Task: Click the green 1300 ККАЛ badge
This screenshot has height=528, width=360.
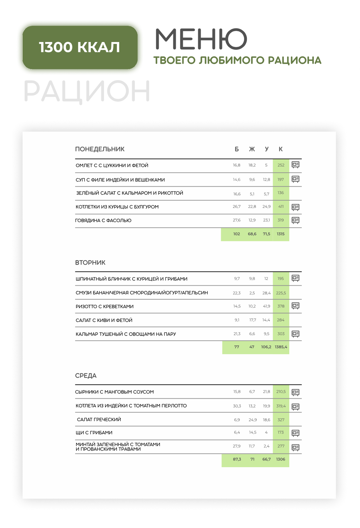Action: [x=80, y=47]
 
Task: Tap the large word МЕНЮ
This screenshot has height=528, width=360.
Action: [x=201, y=39]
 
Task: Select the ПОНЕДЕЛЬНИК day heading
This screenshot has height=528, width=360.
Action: [x=100, y=149]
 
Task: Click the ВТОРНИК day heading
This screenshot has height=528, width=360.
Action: [x=90, y=262]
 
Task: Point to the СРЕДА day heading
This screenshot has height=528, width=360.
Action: [x=86, y=375]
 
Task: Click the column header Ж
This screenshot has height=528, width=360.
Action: [x=252, y=149]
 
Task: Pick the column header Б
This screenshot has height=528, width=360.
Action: [x=237, y=149]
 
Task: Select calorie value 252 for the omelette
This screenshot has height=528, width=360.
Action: [x=281, y=165]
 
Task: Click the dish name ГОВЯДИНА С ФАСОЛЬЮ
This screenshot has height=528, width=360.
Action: [x=103, y=220]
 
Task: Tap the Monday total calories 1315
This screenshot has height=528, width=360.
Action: [x=281, y=234]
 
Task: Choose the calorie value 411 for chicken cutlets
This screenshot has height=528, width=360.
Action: [x=281, y=206]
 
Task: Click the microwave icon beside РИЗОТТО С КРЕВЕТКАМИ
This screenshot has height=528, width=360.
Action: [x=295, y=306]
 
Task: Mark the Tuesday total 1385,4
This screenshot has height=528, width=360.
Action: [x=281, y=347]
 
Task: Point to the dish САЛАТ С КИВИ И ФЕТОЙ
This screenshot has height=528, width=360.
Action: [x=104, y=320]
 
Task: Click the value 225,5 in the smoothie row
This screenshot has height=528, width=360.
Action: [x=281, y=293]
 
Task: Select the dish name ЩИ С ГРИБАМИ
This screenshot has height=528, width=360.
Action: [x=94, y=432]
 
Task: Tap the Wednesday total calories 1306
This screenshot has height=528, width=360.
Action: [x=281, y=459]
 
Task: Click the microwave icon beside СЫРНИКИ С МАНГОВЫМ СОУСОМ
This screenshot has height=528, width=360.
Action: [x=295, y=392]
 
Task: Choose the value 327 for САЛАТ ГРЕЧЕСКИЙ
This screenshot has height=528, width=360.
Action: [x=281, y=420]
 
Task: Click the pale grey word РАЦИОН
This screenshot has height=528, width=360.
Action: [x=87, y=91]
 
